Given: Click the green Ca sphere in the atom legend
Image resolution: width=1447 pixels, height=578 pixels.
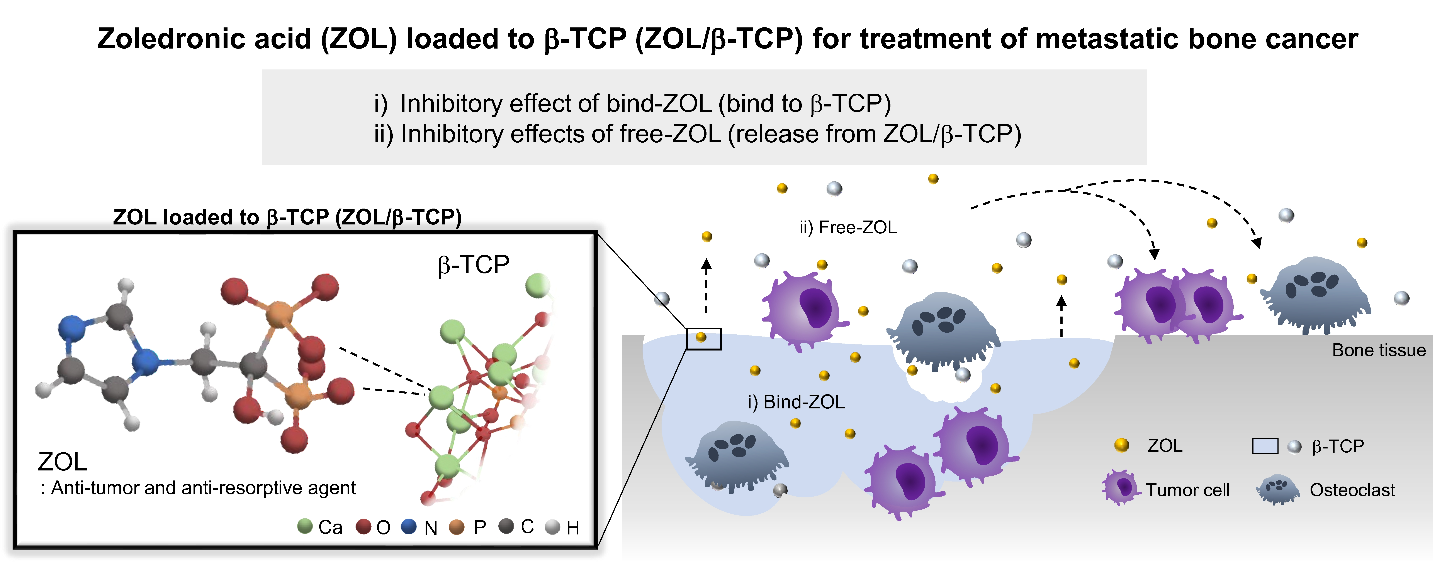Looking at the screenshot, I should pyautogui.click(x=304, y=526).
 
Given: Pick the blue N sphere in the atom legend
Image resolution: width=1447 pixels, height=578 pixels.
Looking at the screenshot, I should pyautogui.click(x=409, y=526).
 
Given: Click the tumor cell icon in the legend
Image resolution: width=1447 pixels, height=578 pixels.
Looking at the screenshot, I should pyautogui.click(x=1121, y=488).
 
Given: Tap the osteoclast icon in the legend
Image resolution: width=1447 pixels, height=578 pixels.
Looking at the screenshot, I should pyautogui.click(x=1278, y=489).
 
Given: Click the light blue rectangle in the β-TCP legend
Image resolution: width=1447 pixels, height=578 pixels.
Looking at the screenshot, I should pyautogui.click(x=1265, y=446).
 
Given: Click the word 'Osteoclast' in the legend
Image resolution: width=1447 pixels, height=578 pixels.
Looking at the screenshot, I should pyautogui.click(x=1352, y=490).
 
